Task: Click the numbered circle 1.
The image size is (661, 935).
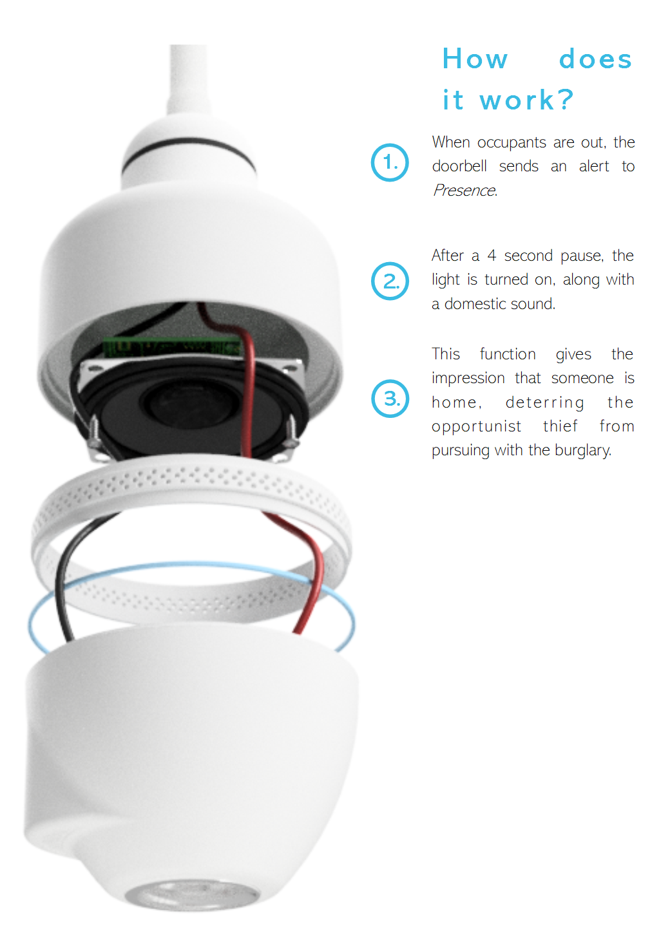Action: click(x=390, y=162)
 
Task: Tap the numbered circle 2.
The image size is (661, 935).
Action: click(x=390, y=281)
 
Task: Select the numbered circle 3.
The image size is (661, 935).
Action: click(x=390, y=399)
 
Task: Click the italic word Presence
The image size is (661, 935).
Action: click(x=465, y=191)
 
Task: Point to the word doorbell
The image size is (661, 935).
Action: click(x=459, y=166)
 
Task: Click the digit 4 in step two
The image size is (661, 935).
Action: click(x=492, y=256)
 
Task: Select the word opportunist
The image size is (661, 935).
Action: click(x=477, y=426)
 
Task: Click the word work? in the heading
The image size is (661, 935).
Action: click(x=527, y=100)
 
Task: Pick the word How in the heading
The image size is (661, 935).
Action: click(x=475, y=59)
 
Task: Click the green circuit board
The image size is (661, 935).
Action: click(x=172, y=346)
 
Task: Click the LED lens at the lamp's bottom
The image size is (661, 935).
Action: click(x=191, y=894)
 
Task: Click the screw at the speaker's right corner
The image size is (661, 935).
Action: click(x=292, y=430)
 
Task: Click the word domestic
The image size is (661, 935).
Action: click(x=478, y=304)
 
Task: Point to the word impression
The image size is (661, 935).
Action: click(x=468, y=379)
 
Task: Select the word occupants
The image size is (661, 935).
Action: click(x=512, y=143)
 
